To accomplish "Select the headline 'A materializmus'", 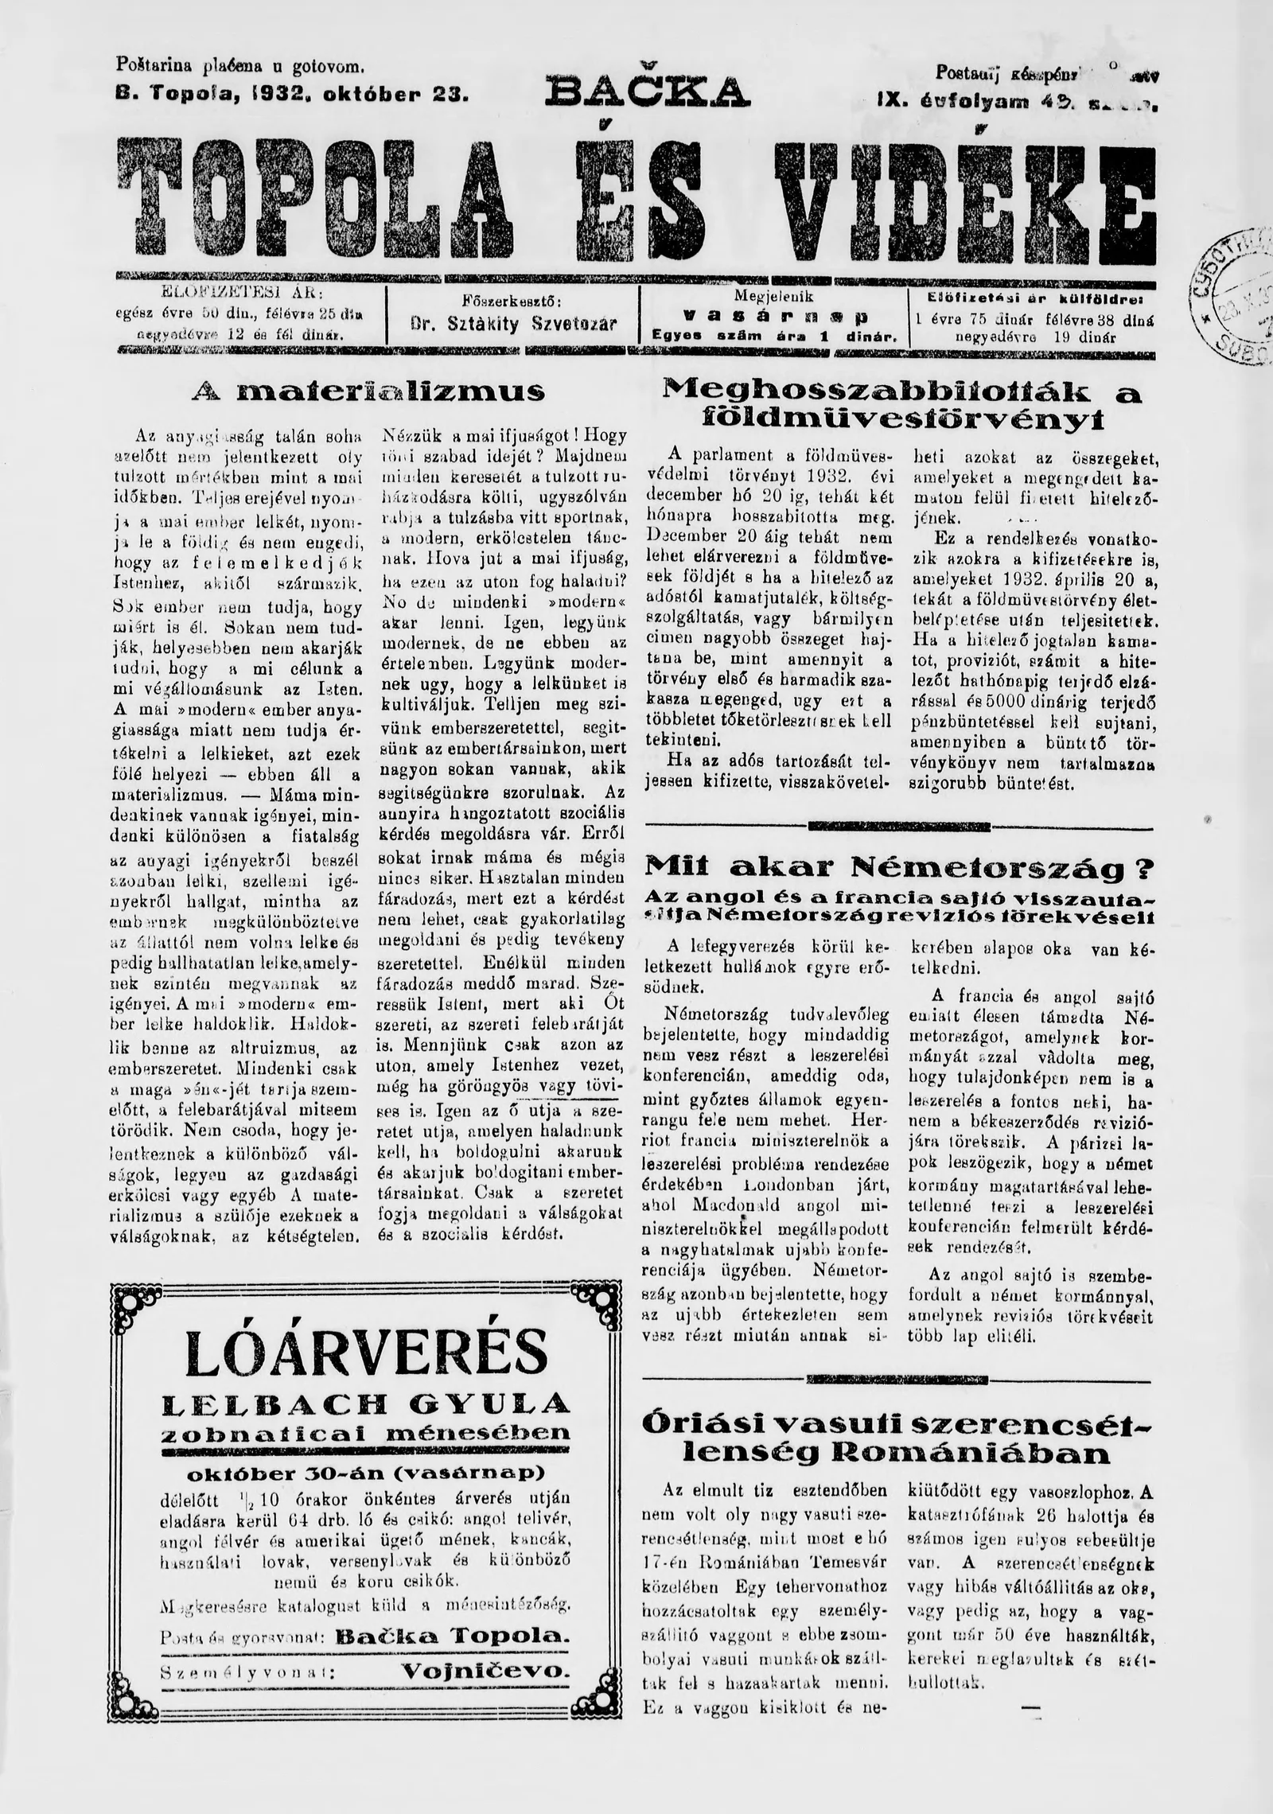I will [369, 391].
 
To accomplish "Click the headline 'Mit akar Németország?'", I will [899, 866].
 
